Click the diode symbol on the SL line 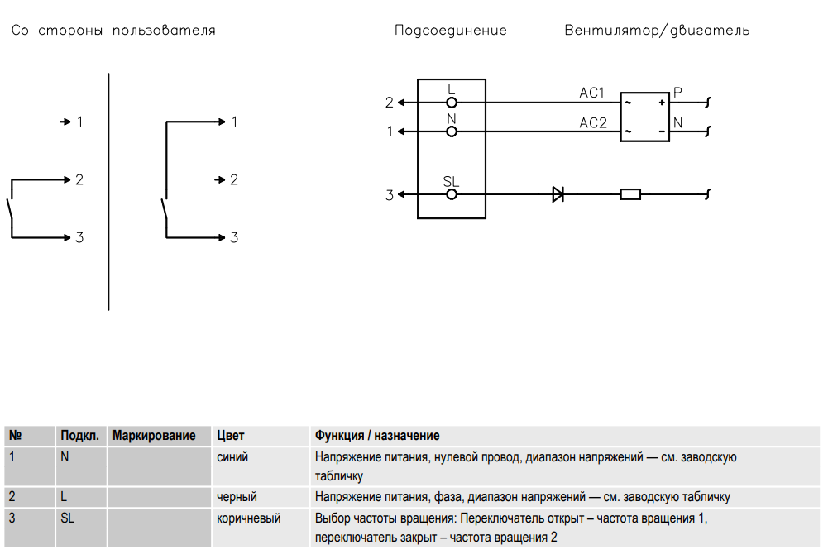pos(558,195)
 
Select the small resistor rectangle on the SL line pos(630,195)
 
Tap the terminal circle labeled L pos(452,103)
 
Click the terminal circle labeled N pos(452,131)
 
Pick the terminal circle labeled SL pos(452,195)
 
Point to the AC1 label pos(592,93)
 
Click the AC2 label pos(593,123)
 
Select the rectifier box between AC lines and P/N pos(645,117)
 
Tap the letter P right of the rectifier pos(677,93)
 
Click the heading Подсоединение pos(451,31)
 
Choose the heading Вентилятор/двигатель pos(657,31)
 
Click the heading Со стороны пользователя pos(113,31)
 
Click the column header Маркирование pos(155,436)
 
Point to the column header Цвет pos(231,436)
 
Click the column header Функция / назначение pos(377,436)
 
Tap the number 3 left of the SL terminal pos(390,196)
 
